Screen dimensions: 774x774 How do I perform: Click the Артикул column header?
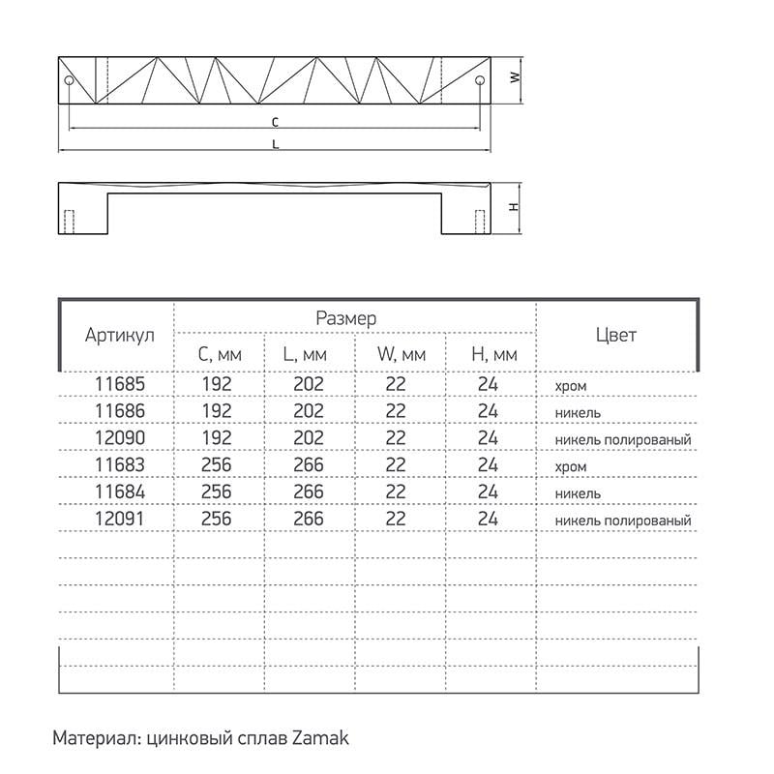[x=119, y=336]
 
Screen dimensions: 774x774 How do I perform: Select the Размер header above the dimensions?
[x=345, y=317]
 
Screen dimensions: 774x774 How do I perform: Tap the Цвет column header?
[x=615, y=336]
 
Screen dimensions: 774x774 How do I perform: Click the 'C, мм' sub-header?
[x=220, y=355]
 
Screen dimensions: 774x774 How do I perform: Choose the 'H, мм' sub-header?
[x=494, y=355]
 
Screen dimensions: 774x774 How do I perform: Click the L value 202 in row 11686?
[x=308, y=412]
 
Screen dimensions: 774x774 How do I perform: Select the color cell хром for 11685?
[x=571, y=386]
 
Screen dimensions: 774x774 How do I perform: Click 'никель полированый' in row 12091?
[x=622, y=521]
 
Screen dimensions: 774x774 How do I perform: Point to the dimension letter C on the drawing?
[x=275, y=122]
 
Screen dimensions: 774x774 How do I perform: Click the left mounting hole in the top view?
[x=69, y=79]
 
